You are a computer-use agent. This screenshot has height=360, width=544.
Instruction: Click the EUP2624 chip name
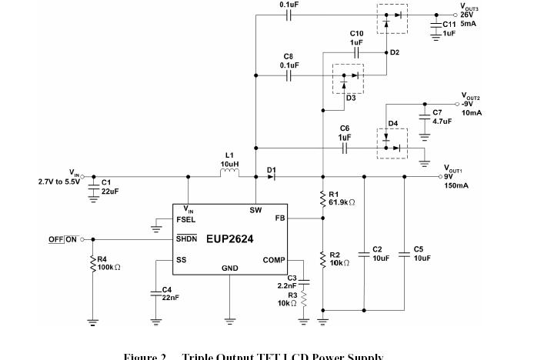[230, 238]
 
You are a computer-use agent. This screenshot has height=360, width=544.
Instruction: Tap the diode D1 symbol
[271, 176]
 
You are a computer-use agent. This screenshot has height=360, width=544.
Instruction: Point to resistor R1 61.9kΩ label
[340, 198]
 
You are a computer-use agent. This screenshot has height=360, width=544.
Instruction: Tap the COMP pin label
[274, 260]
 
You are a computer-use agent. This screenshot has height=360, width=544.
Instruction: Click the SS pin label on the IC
[181, 260]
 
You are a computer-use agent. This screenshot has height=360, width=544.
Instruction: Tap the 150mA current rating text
[456, 185]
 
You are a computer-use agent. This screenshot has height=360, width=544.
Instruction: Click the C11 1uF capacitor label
[449, 28]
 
